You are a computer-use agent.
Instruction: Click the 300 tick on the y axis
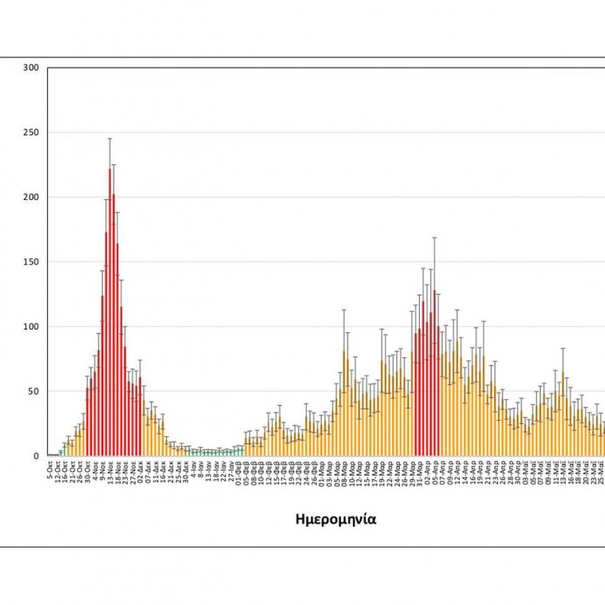coord(30,68)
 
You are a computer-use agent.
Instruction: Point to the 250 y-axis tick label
coord(30,133)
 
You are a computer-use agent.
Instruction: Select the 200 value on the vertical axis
coord(30,197)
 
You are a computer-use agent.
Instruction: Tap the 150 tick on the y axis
coord(30,262)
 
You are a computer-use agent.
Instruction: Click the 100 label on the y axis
coord(30,327)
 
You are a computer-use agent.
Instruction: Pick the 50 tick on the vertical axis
coord(32,391)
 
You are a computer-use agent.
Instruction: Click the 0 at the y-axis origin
coord(35,456)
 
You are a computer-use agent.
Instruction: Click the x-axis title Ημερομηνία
coord(336,519)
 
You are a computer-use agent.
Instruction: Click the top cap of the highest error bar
coord(110,138)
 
